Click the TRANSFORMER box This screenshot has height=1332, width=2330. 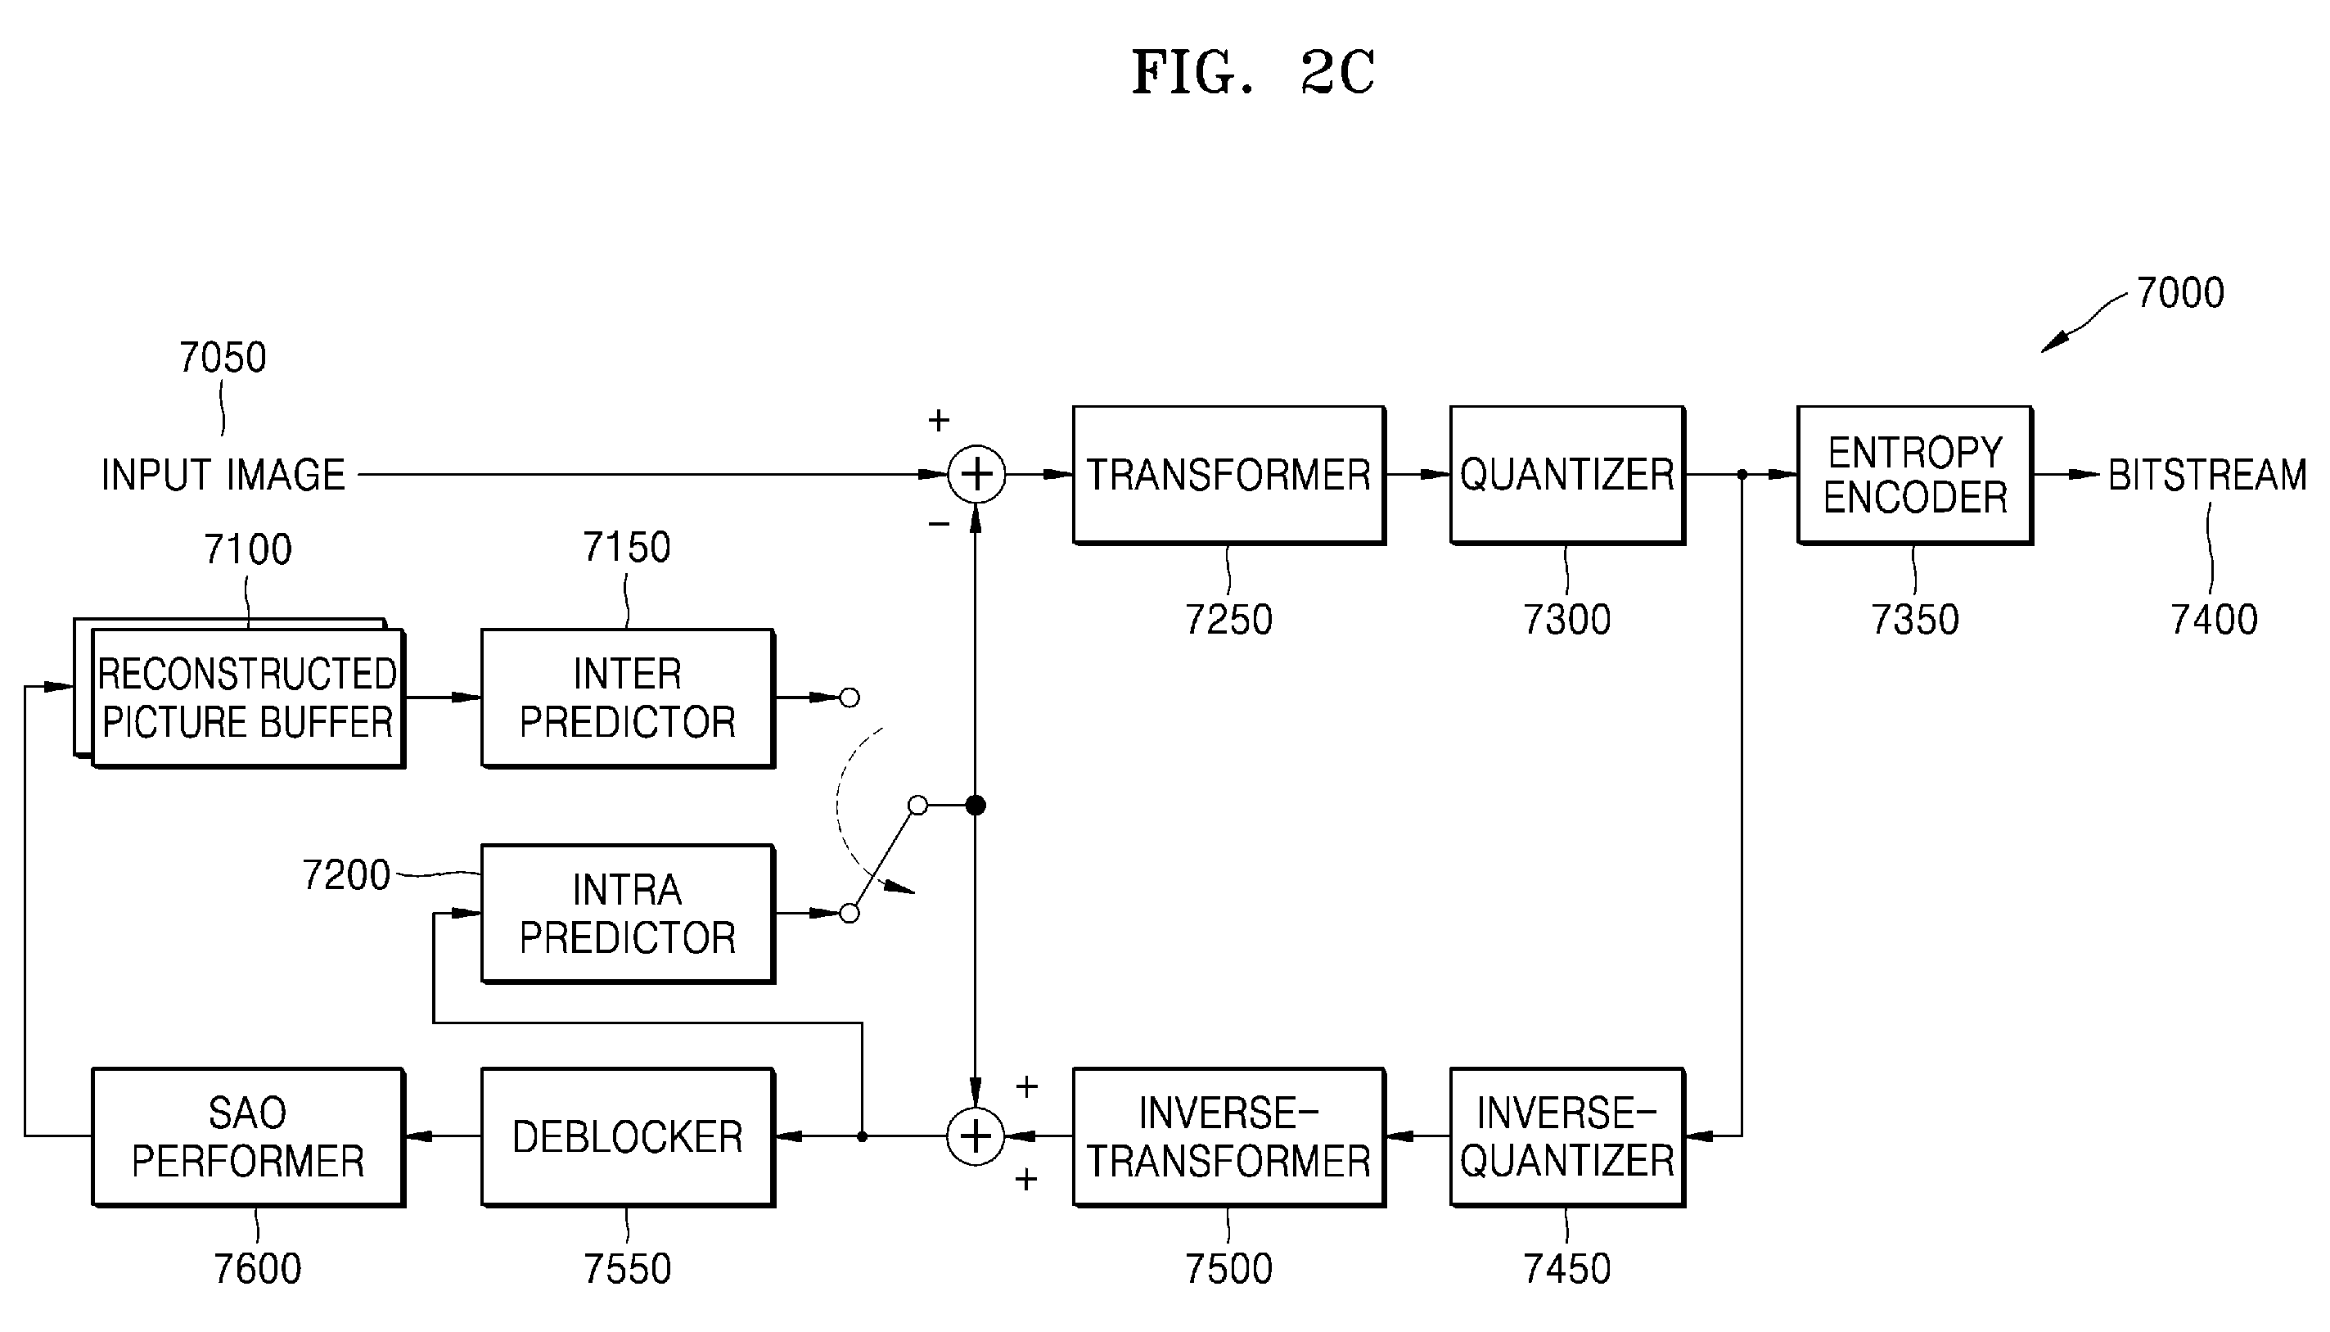[1228, 475]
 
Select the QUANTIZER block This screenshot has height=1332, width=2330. [1566, 475]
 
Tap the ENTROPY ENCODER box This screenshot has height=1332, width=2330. [1915, 475]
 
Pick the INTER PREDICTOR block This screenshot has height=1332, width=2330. [627, 698]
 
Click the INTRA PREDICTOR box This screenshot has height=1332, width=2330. [627, 913]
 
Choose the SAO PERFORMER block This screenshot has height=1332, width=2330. [248, 1136]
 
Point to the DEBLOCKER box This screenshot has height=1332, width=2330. [627, 1136]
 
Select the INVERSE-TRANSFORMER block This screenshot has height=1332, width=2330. [1228, 1136]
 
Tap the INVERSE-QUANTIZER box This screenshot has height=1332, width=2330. [1566, 1136]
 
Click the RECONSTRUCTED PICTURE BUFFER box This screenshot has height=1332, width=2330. [240, 693]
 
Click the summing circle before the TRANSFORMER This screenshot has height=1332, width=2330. [976, 475]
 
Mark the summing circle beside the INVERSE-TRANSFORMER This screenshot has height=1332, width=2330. [976, 1136]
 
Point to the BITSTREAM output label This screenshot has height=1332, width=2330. [2206, 475]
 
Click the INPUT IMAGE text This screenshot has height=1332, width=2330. [223, 475]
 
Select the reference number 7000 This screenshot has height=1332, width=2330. [2180, 293]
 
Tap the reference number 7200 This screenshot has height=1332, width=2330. [345, 874]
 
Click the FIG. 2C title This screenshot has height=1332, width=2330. [1254, 72]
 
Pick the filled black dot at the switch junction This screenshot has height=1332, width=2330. [976, 805]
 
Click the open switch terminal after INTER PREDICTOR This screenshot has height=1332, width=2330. [850, 698]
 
